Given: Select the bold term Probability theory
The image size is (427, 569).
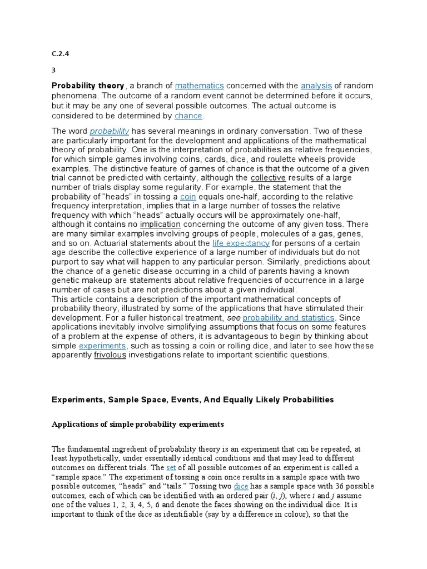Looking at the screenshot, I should point(88,86).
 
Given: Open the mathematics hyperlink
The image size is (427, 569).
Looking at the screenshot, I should point(199,86).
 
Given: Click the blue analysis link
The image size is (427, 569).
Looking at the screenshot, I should point(316,86).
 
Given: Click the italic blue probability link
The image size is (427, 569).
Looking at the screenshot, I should point(110,131).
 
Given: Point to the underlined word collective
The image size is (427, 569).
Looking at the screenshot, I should point(268,177).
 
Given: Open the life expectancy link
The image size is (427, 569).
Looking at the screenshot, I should point(241,243).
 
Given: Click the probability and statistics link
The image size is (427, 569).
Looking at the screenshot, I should point(289,317).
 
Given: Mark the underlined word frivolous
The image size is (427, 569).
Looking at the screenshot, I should point(110,355).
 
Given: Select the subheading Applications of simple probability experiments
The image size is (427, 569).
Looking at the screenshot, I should point(137,424).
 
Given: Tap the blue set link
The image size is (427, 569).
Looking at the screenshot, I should point(171,468).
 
